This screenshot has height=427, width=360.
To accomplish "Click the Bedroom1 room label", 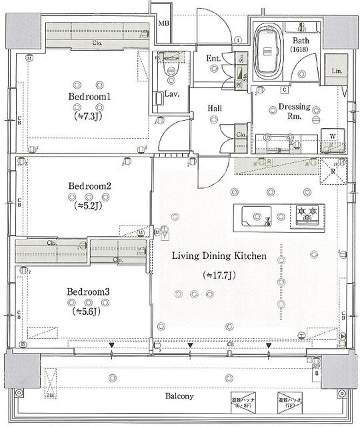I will point(89,97).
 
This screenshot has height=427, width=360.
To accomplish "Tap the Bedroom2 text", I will point(89,186).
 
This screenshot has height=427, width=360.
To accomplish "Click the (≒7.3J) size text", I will point(89,115).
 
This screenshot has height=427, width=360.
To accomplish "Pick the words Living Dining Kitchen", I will point(219,256).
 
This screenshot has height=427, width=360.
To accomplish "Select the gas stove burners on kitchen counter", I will point(308,214).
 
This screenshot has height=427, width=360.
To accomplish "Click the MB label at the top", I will point(163,24).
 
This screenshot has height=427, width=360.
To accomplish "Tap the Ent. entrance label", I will point(213,59).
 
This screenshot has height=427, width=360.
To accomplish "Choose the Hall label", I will point(215,107).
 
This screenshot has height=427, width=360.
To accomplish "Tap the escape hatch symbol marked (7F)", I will point(290,399).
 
